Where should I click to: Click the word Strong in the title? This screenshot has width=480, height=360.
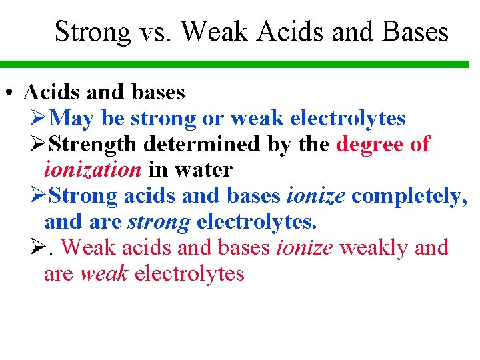(x=93, y=31)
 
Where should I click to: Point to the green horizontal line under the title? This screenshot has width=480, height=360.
(x=240, y=65)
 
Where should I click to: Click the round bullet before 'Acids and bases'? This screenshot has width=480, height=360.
(x=7, y=93)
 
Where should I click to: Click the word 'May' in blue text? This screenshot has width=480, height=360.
(x=72, y=119)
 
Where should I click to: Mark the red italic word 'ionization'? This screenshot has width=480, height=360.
(x=93, y=169)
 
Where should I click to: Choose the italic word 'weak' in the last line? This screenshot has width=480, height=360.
(x=104, y=273)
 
